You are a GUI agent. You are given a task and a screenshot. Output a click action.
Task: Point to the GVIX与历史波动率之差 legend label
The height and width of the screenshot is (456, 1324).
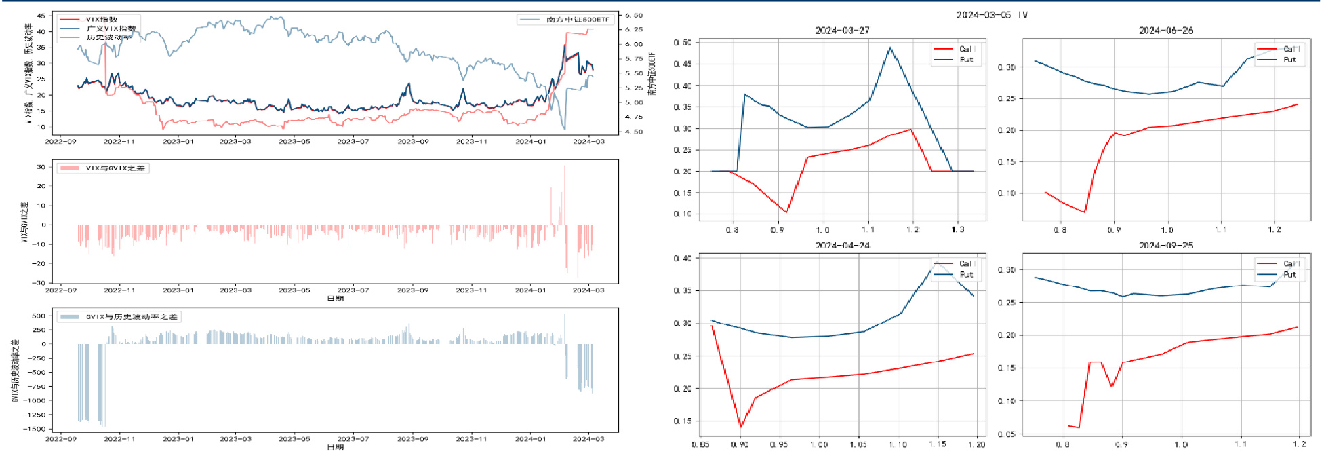(132, 317)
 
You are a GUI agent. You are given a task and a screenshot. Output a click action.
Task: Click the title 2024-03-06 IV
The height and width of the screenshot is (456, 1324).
(992, 15)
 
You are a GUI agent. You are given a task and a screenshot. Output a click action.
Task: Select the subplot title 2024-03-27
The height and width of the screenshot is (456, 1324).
(842, 31)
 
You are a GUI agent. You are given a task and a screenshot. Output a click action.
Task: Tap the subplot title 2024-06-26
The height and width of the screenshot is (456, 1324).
(1166, 31)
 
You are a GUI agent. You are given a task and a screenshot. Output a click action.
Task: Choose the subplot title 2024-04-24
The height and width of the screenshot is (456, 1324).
(842, 246)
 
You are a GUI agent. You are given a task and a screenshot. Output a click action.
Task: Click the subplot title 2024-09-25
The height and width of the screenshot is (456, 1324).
(1166, 246)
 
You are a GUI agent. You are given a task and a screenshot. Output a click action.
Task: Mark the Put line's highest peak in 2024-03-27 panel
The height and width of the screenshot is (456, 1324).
(890, 47)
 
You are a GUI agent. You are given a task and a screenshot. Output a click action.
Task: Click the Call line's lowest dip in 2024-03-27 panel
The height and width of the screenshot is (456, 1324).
(786, 212)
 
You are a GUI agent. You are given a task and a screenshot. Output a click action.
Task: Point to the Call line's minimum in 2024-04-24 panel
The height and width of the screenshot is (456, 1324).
(741, 427)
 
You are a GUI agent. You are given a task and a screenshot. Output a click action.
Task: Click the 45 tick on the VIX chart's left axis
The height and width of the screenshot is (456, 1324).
(41, 15)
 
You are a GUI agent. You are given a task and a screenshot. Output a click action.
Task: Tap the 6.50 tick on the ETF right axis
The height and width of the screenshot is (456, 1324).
(633, 15)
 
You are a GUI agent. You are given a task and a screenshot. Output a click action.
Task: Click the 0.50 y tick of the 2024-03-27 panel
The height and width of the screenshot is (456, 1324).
(682, 43)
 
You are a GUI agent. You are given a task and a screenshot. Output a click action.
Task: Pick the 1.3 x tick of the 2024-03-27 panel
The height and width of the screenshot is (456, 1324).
(957, 230)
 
